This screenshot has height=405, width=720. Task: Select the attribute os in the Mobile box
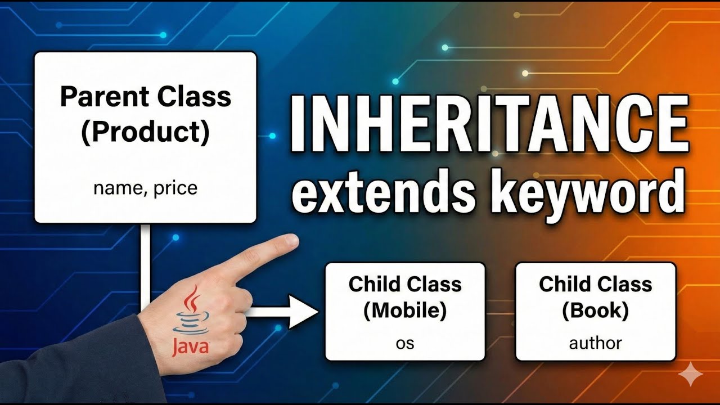405,342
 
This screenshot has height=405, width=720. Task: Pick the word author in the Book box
596,342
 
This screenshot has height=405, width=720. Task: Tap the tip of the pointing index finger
293,241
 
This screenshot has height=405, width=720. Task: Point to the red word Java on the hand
190,345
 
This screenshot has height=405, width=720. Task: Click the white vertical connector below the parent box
145,259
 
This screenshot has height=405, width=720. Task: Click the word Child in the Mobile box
375,284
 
